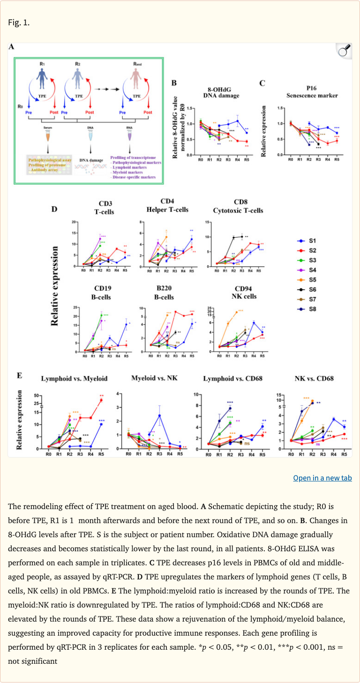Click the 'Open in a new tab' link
pyautogui.click(x=322, y=478)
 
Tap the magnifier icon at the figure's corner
pyautogui.click(x=344, y=51)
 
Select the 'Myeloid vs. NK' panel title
pyautogui.click(x=153, y=378)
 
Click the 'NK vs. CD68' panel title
pyautogui.click(x=312, y=378)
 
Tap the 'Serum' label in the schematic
pyautogui.click(x=48, y=128)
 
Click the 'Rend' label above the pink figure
pyautogui.click(x=137, y=63)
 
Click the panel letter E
pyautogui.click(x=19, y=375)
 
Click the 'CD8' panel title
pyautogui.click(x=238, y=202)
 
